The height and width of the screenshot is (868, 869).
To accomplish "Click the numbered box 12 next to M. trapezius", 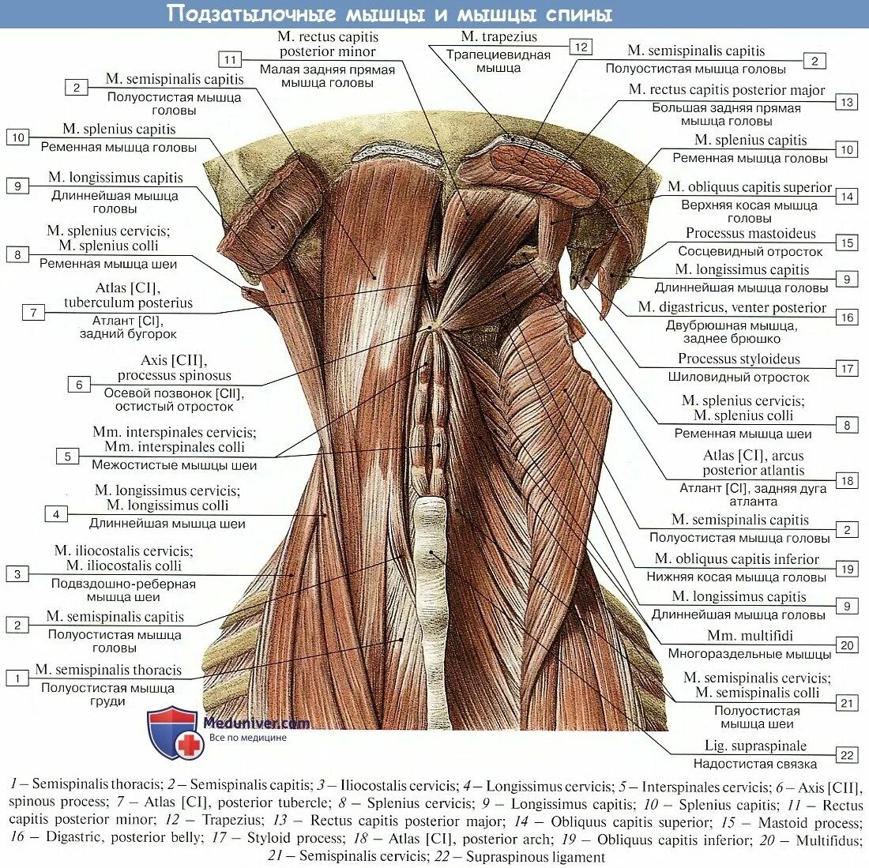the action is point(581,47).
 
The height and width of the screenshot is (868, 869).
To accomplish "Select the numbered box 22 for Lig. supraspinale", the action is point(848,756).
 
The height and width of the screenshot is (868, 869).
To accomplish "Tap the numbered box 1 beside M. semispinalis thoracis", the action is point(17,678).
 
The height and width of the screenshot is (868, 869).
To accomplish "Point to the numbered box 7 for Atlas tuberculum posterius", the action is point(33,313).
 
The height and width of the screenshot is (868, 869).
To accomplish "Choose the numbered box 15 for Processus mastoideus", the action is point(848,243).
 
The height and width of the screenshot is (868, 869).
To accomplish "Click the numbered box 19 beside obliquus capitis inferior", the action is point(848,569).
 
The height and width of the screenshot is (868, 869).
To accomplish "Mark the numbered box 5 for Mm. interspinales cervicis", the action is point(67,457).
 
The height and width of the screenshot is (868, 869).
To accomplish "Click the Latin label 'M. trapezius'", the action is point(498,36).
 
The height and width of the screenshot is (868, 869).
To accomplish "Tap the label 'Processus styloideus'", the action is point(739,359).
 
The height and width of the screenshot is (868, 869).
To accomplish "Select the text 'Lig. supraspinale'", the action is point(755,746).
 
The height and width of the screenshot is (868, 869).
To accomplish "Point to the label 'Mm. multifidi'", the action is point(750,636).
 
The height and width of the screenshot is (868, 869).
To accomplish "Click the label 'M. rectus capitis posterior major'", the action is point(727,90).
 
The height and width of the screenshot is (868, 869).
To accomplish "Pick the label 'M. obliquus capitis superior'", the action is point(749,187).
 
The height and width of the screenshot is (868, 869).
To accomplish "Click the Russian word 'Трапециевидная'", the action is point(498,54).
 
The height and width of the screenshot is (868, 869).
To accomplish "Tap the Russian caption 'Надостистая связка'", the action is point(755,764).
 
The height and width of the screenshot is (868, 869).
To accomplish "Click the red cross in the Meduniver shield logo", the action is point(188,744).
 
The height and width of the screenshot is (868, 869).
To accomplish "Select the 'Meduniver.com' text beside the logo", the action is point(257,723).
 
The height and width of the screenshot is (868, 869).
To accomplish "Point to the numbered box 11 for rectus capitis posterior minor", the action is point(230,60).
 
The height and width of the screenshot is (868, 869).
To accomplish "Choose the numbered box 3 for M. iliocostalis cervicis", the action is point(17,574).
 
